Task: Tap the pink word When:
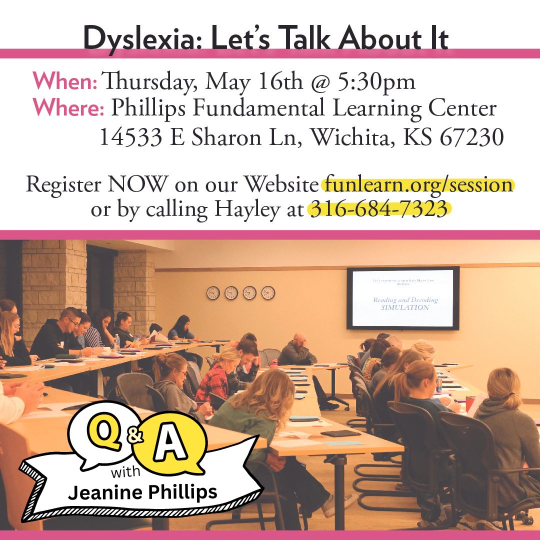(x=65, y=82)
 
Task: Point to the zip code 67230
(x=471, y=137)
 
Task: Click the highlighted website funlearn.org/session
(x=418, y=185)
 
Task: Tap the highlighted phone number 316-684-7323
(x=379, y=210)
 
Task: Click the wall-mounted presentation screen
(x=403, y=298)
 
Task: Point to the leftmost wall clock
(x=213, y=293)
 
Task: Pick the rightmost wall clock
(x=268, y=293)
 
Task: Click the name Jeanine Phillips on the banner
(x=143, y=492)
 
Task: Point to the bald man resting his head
(x=298, y=350)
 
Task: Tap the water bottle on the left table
(x=116, y=342)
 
